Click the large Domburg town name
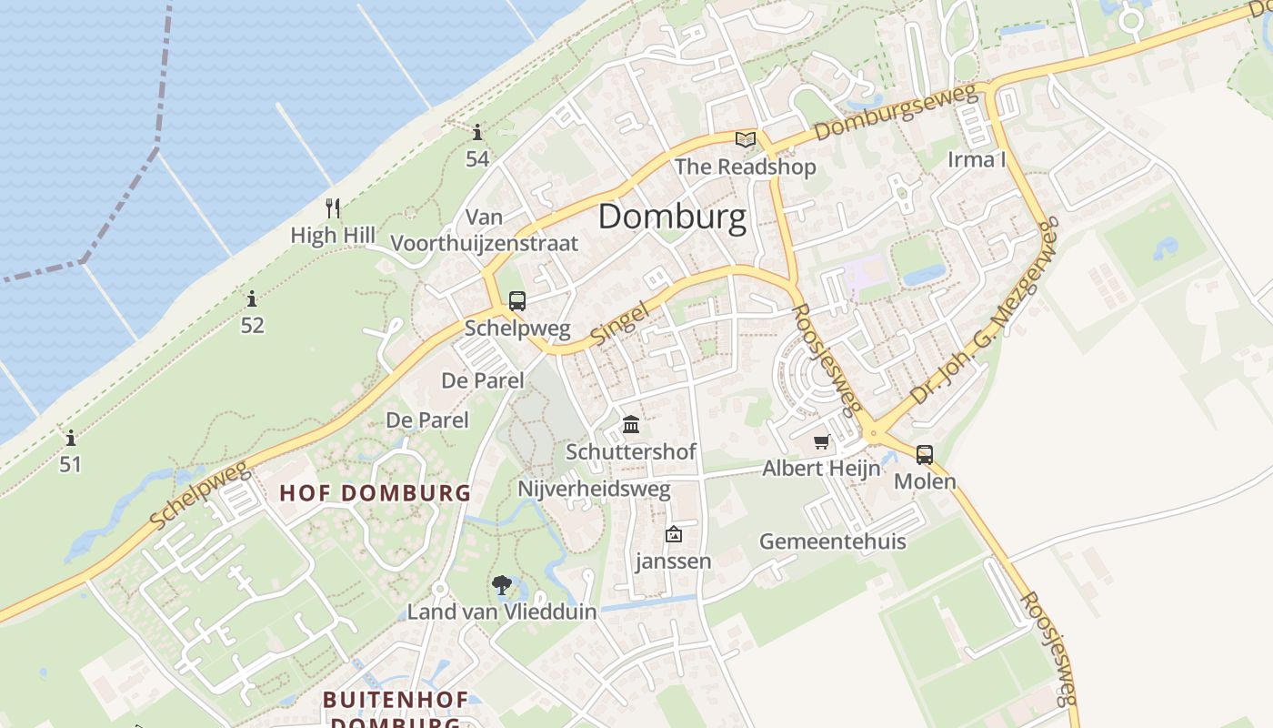coord(672,217)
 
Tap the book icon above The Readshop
coord(746,139)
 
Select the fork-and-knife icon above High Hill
coord(333,208)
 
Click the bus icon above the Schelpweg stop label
coord(516,301)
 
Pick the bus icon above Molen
coord(925,454)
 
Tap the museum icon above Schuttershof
coord(631,424)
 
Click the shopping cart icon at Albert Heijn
coord(822,442)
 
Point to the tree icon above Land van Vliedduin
coord(501,585)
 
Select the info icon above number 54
coord(477,132)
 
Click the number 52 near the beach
coord(252,325)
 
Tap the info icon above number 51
coord(71,438)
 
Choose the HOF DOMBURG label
coord(375,493)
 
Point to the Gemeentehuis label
coord(832,541)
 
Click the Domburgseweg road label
coord(895,113)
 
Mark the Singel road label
coord(620,324)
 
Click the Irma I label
coord(977,160)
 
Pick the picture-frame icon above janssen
coord(673,534)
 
